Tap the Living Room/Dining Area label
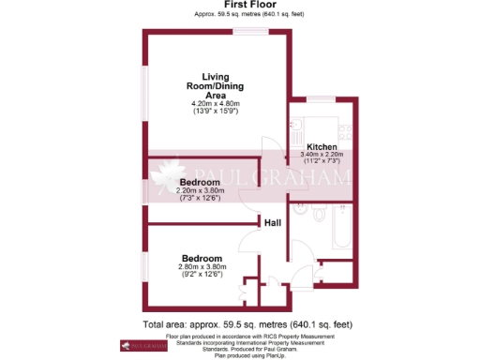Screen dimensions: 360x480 (x=216, y=85)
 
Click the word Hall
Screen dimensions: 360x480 (x=273, y=222)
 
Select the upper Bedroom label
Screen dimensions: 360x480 (x=201, y=182)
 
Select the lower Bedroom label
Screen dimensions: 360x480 (x=202, y=258)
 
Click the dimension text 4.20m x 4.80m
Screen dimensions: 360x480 (x=216, y=103)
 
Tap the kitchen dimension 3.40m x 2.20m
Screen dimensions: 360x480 (x=322, y=154)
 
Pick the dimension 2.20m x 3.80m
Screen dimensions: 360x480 (x=201, y=190)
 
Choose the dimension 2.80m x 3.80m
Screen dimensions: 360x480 (x=202, y=266)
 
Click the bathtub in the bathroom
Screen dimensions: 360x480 (x=334, y=230)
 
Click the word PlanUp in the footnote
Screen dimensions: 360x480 (x=267, y=355)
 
